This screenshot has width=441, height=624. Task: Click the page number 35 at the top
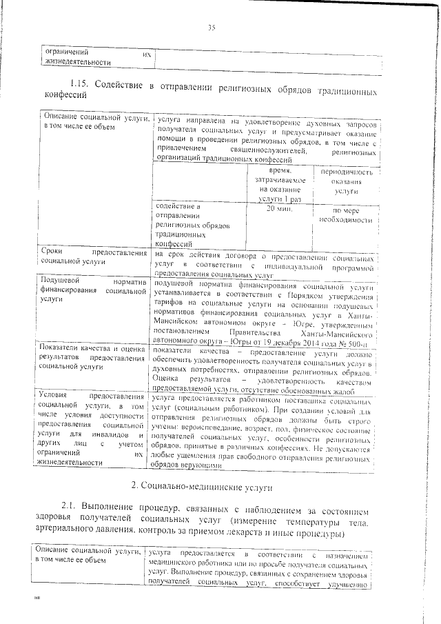click(212, 28)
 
